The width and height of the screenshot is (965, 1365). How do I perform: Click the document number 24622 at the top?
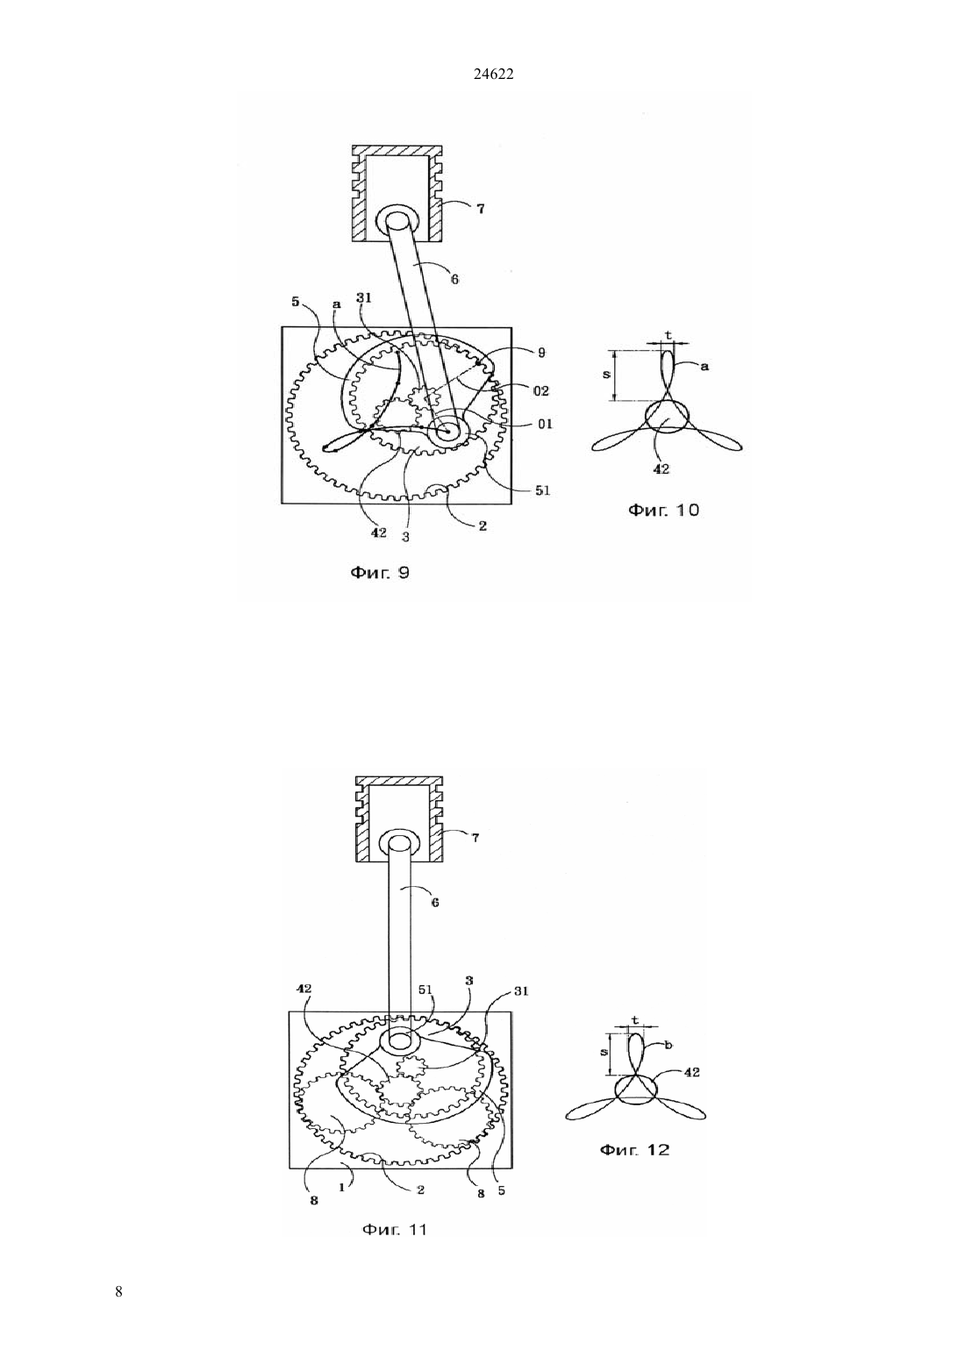pos(493,75)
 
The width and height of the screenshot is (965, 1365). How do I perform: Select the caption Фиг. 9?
pos(380,573)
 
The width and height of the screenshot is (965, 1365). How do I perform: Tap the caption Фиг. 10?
pos(663,510)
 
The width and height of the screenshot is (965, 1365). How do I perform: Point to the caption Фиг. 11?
pos(395,1230)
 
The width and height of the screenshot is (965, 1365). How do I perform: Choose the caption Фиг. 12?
pos(635,1150)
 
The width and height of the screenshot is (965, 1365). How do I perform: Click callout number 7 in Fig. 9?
pos(481,209)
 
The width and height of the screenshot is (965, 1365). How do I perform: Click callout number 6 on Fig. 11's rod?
pos(435,903)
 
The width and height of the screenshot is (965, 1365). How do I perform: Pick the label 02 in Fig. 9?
pos(541,390)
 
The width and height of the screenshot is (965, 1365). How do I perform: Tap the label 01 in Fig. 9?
pos(546,424)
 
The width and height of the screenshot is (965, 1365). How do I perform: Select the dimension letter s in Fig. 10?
pos(606,375)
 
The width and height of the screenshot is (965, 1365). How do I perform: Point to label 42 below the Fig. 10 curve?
pos(661,468)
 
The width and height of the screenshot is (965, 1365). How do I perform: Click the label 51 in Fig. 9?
pos(543,490)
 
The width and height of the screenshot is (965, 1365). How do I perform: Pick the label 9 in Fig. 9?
pos(541,353)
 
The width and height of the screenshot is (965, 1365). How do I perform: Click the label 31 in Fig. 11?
pos(521,991)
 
